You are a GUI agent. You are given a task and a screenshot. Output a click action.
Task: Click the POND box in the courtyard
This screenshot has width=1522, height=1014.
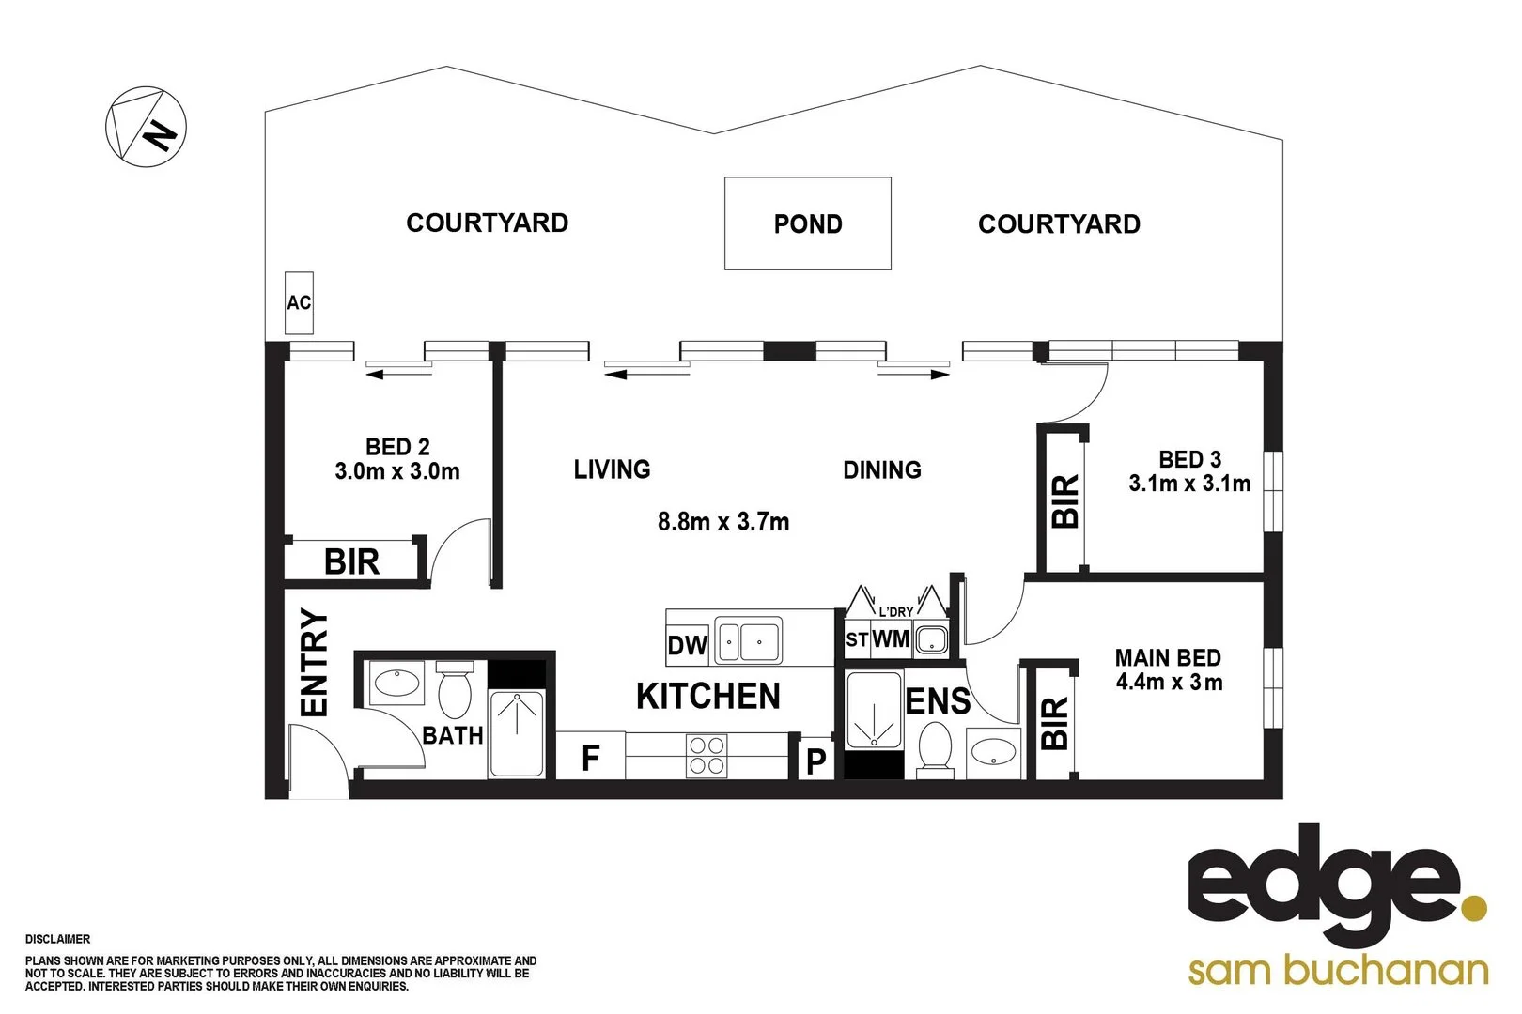[807, 223]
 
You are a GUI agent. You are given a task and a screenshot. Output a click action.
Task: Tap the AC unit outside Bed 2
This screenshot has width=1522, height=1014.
[299, 302]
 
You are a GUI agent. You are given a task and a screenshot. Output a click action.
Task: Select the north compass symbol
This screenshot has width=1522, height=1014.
[146, 128]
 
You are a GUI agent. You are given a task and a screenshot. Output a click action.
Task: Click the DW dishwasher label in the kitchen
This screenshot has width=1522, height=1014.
[687, 646]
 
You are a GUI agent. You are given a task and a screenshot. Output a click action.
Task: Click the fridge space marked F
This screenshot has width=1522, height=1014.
[590, 757]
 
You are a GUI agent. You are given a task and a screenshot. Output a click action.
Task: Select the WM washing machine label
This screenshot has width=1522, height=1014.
[891, 639]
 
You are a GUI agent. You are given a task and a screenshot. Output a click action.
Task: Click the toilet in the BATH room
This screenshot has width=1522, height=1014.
[455, 690]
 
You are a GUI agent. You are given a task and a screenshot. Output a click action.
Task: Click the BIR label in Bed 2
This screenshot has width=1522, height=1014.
[351, 561]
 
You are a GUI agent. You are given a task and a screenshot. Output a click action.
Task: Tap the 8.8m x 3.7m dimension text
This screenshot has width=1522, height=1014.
[722, 521]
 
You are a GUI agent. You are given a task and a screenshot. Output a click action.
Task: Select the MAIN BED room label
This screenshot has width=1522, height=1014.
[1168, 657]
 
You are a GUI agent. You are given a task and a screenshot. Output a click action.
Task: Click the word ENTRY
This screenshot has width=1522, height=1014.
[314, 663]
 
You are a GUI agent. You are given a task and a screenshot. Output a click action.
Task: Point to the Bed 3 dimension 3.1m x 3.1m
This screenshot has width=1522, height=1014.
[1189, 484]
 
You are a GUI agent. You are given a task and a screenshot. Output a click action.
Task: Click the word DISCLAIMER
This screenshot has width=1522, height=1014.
[58, 939]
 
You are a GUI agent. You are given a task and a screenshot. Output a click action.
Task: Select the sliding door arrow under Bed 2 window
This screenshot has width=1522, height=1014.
[399, 375]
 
